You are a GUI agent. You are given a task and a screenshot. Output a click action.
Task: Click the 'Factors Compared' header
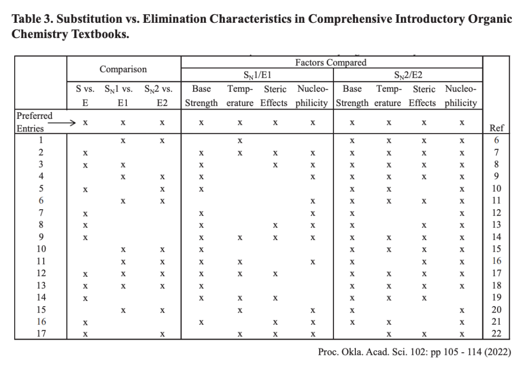330,63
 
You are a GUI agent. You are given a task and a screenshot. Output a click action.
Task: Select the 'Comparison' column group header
123,70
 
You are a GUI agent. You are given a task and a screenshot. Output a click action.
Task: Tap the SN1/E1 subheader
257,76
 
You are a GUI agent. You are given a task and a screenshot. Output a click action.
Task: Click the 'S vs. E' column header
85,95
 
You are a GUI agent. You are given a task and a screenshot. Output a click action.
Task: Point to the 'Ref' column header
496,128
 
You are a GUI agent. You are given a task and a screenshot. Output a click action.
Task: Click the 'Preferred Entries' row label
34,122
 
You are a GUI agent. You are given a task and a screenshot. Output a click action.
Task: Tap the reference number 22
496,333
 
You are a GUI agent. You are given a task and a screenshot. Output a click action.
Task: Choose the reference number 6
496,140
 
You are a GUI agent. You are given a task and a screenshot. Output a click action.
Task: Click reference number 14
496,237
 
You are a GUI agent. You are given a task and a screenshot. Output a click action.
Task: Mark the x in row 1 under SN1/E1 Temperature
241,140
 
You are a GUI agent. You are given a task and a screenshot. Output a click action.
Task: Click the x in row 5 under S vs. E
85,189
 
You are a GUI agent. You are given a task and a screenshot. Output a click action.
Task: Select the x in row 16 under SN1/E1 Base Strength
201,321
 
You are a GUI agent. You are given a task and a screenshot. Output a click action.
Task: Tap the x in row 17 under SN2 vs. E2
162,333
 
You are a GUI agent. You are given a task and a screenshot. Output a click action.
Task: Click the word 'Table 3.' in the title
31,19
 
